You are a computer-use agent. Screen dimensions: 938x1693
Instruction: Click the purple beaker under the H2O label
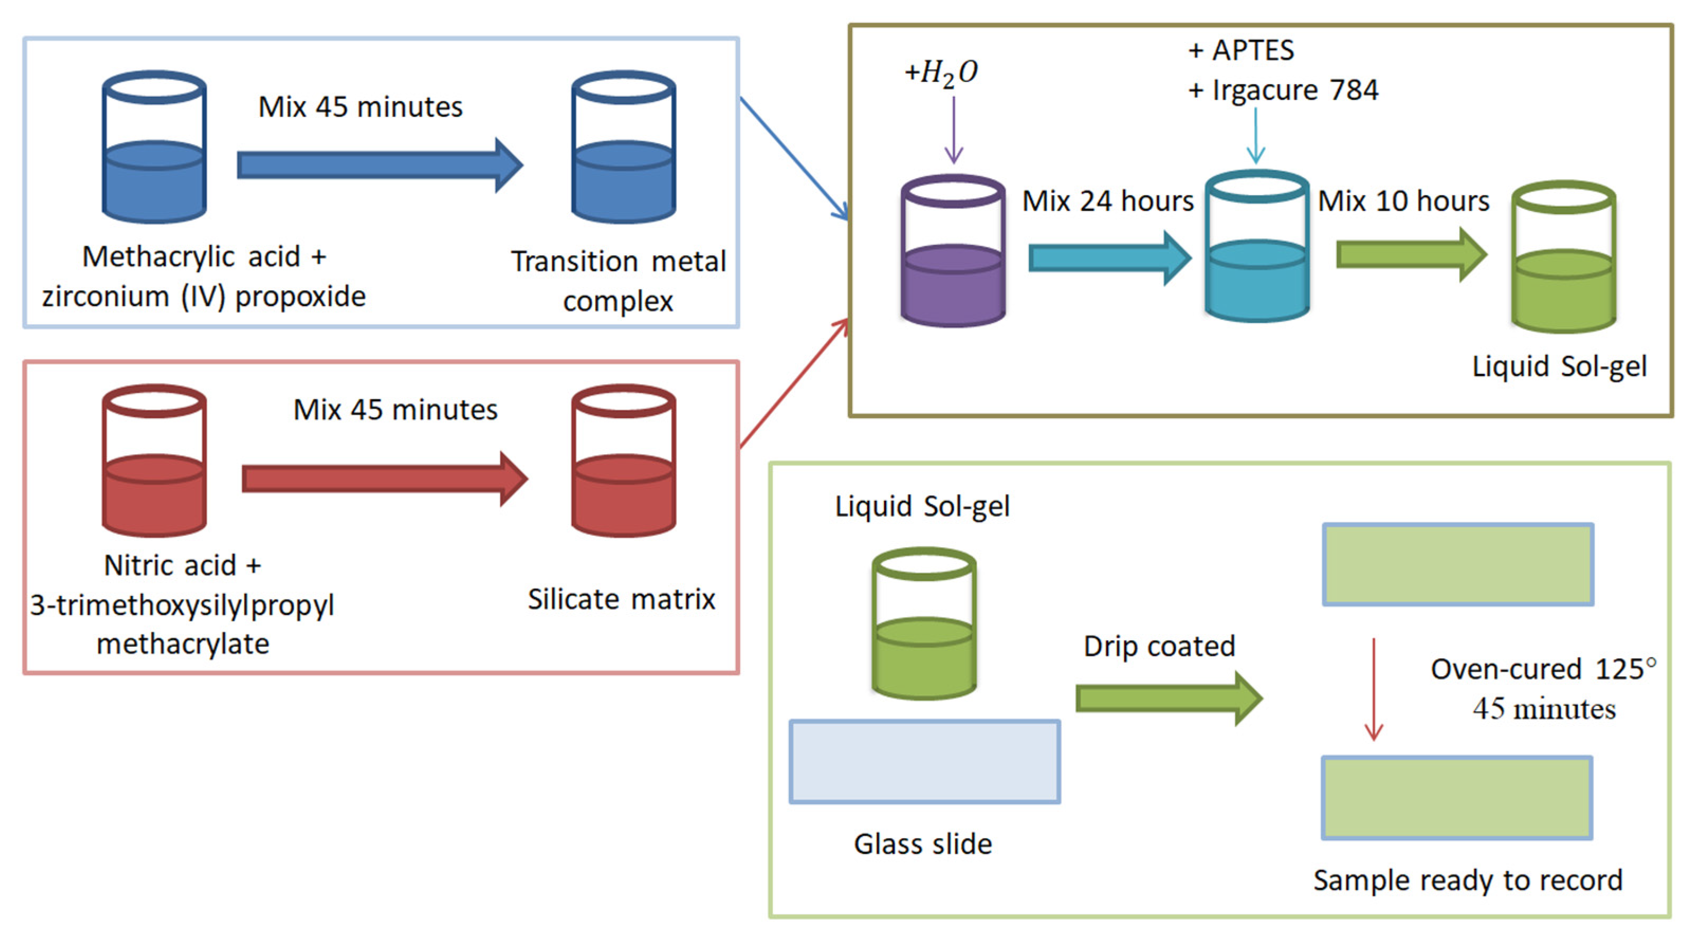coord(952,253)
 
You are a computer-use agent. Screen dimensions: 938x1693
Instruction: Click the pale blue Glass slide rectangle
coord(924,761)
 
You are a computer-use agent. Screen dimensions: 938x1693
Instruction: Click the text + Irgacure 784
coord(1283,90)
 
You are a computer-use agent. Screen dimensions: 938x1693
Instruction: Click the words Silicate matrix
coord(621,600)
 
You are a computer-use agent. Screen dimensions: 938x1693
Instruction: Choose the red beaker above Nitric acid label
coord(154,462)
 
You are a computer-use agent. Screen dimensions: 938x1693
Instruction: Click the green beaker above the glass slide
coord(924,624)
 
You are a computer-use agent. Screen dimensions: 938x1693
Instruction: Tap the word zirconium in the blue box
coord(105,297)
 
